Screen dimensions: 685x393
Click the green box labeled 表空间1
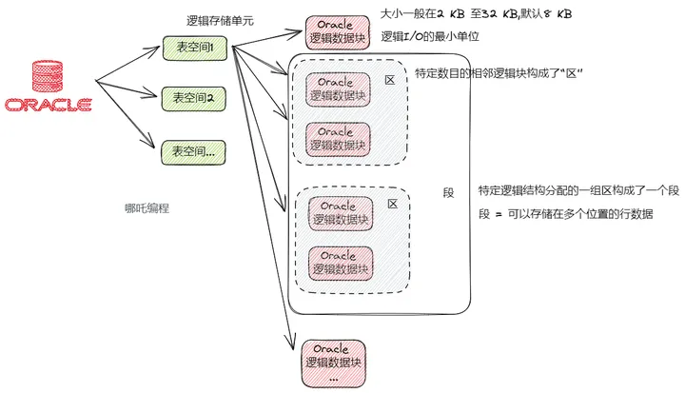195,49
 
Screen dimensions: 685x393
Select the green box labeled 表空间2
193,99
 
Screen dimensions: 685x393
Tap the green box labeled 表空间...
193,152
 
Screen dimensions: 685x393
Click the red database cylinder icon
48,76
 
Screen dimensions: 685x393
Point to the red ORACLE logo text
49,105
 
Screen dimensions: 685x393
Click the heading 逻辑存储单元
220,21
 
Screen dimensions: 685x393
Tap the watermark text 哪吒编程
147,208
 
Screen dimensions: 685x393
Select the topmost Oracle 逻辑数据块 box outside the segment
337,32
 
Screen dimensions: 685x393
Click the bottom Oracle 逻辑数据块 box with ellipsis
333,364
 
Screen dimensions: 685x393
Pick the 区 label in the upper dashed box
390,80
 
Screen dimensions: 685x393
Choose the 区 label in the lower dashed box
393,204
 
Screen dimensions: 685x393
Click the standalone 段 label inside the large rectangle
448,193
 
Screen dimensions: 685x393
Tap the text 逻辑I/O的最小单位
430,36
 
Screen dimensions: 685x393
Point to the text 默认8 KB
546,14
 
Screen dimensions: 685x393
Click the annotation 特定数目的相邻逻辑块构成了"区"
499,73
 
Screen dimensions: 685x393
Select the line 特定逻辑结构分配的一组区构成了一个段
578,190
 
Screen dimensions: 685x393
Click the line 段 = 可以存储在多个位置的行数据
566,214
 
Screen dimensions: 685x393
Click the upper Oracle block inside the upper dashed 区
338,89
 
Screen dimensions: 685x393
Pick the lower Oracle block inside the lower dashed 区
341,264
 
